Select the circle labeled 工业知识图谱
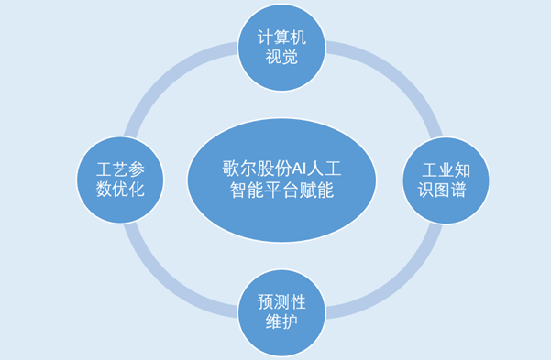[x=446, y=180]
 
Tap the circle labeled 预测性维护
[x=281, y=312]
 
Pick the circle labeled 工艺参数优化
[x=120, y=180]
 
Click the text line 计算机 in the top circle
[x=281, y=37]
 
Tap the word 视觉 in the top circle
[x=281, y=59]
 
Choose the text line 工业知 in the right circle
[x=446, y=169]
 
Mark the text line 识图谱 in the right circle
[x=446, y=191]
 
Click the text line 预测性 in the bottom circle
[x=281, y=301]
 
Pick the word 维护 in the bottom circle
[x=281, y=323]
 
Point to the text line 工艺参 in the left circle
[x=120, y=169]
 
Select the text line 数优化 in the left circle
[x=120, y=191]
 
